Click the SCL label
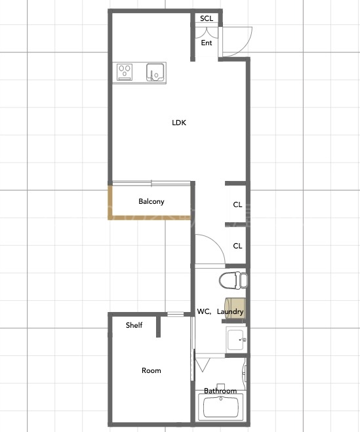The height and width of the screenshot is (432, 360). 207,18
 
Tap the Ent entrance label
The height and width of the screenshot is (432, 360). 207,43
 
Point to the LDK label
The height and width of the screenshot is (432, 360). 179,123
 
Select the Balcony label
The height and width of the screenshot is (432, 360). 151,201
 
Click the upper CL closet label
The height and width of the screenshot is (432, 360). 237,205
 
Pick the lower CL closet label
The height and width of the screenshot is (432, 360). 237,246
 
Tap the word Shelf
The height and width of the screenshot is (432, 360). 134,325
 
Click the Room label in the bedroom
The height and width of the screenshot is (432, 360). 151,370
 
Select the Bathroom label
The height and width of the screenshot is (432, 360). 220,391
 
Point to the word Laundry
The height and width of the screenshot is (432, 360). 230,311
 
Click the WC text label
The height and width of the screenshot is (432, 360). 204,311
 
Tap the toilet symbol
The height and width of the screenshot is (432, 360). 233,280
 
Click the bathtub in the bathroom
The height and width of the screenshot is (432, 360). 221,407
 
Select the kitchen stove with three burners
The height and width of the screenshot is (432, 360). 125,72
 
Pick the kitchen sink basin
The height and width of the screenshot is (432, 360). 155,73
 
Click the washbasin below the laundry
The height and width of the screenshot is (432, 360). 236,340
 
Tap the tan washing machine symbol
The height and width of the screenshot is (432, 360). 235,308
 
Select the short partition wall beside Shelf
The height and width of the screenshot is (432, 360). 158,326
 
